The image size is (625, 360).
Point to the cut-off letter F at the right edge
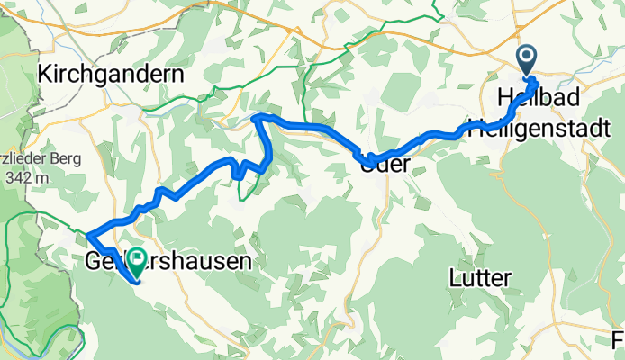tap(619, 339)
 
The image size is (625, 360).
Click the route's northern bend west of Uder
tap(259, 118)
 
